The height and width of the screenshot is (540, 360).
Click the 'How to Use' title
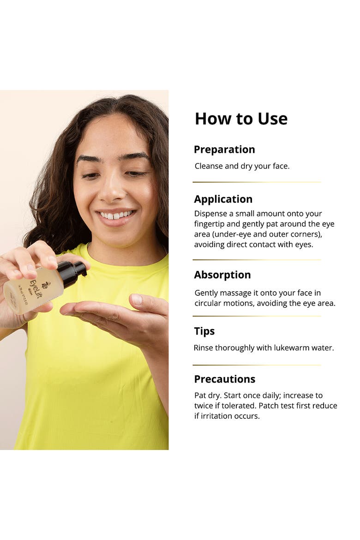point(241,119)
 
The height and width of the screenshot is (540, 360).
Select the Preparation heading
point(224,150)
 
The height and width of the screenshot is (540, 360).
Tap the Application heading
point(223,199)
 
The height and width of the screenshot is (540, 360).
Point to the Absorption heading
point(222,275)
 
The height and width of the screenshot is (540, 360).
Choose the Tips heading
point(204,331)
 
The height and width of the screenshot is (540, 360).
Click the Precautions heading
point(225,379)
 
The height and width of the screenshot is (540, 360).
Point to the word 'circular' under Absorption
point(207,303)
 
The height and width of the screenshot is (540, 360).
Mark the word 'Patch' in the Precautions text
point(268,406)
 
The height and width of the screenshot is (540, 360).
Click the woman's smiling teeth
point(115,216)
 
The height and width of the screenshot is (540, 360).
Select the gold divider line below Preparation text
point(257,182)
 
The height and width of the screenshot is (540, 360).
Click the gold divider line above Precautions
point(257,365)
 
